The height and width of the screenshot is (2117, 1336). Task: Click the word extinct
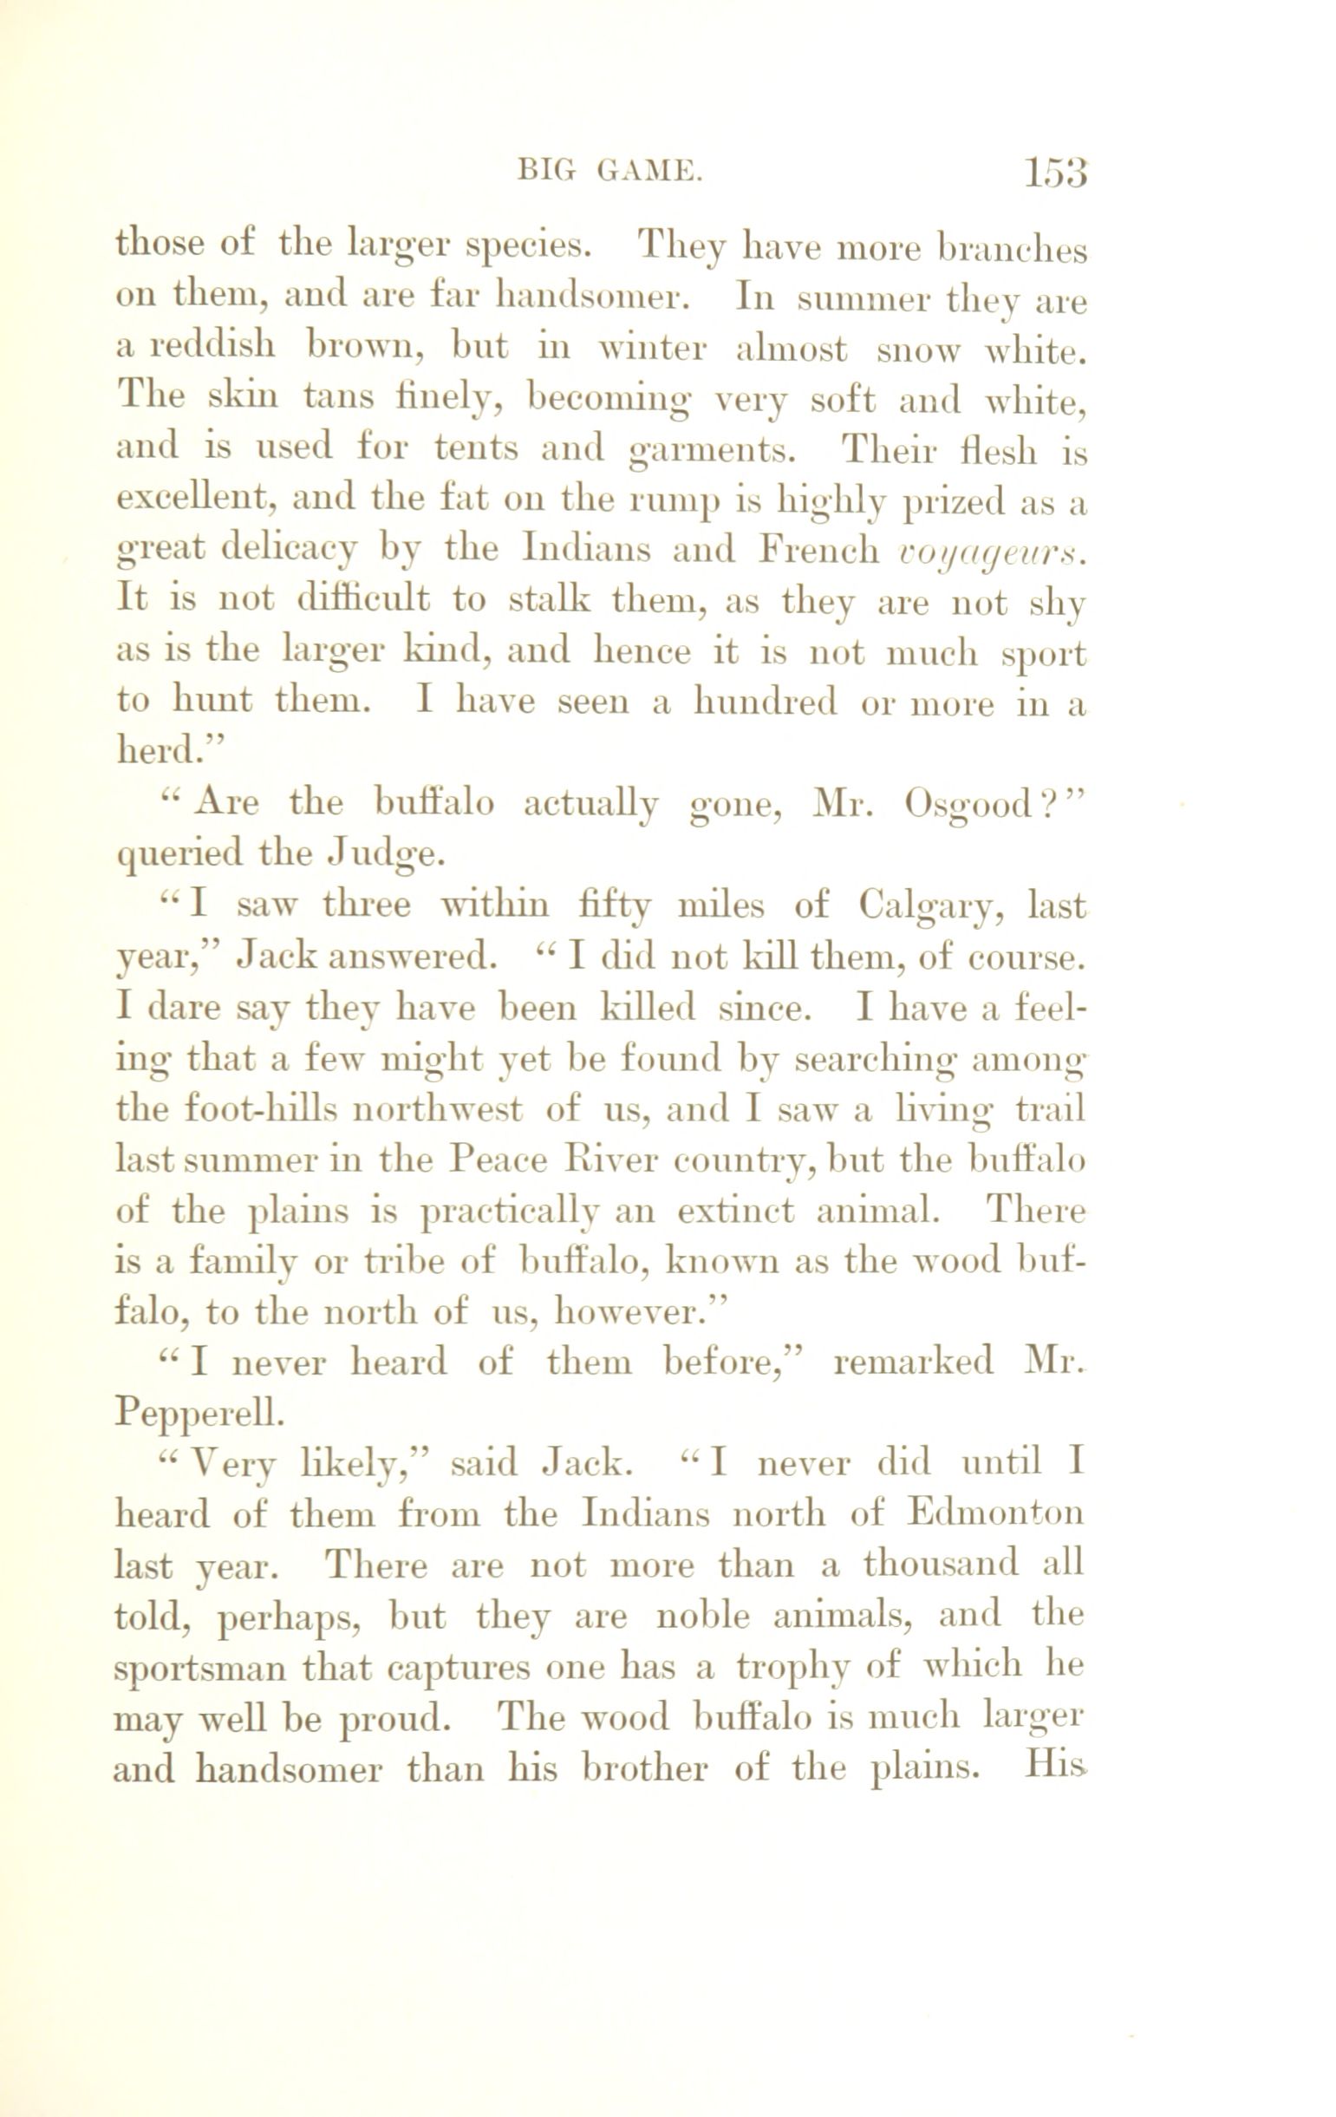point(736,1212)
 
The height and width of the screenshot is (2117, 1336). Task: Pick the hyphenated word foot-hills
point(227,1109)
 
